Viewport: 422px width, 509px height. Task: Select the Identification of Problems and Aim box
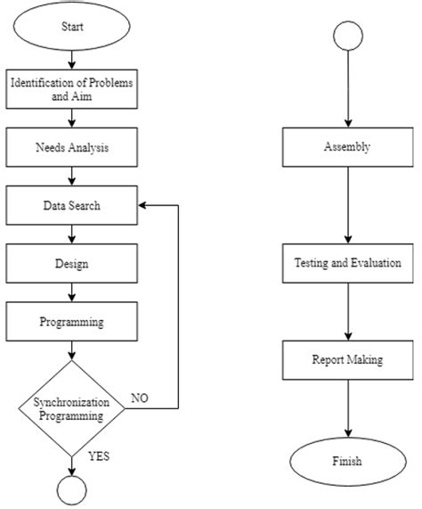(72, 90)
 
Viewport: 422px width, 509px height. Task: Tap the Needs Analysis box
(72, 147)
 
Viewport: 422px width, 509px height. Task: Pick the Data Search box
(72, 205)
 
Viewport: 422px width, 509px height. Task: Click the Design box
(72, 264)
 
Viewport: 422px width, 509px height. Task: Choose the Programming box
(72, 322)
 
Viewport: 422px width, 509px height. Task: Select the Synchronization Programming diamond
(72, 408)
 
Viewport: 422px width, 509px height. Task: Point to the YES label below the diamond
(100, 456)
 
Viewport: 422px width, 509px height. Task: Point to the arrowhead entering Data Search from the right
(142, 205)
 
